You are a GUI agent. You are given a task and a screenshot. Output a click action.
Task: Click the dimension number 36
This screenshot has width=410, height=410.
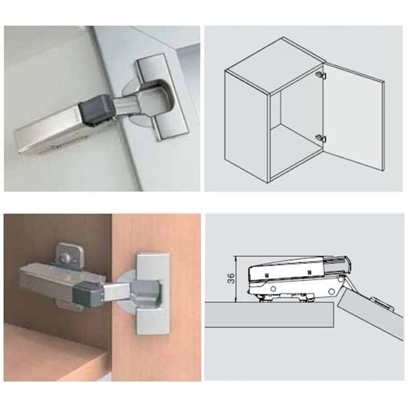pos(231,278)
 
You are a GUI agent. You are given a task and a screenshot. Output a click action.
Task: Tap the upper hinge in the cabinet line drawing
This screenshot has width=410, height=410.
pos(320,74)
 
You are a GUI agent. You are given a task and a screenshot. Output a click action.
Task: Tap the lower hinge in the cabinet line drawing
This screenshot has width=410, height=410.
pos(320,138)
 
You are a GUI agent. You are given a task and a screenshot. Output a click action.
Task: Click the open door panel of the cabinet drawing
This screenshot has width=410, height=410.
pos(354,116)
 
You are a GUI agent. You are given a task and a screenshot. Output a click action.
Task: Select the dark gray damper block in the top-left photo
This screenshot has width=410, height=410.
pos(97,109)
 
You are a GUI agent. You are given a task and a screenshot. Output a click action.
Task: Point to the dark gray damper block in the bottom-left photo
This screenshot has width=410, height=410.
pos(88,295)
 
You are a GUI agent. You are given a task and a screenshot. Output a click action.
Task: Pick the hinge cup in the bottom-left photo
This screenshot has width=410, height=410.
pos(146,293)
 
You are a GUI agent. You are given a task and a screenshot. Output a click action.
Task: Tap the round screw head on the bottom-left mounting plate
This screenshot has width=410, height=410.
pos(64,259)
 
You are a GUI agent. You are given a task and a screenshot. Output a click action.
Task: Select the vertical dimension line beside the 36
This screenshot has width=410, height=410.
pos(236,279)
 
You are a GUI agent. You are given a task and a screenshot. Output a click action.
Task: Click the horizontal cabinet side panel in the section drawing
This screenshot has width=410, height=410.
pos(269,315)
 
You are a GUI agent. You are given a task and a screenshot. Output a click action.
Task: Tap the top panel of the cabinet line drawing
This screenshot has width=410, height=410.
pos(275,64)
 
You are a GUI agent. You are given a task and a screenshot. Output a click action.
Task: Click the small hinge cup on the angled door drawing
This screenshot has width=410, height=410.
pos(382,303)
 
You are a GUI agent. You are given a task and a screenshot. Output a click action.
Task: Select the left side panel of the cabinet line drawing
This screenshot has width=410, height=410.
pos(247,126)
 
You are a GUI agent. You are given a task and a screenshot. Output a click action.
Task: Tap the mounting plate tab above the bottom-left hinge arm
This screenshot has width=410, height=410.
pos(70,256)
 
